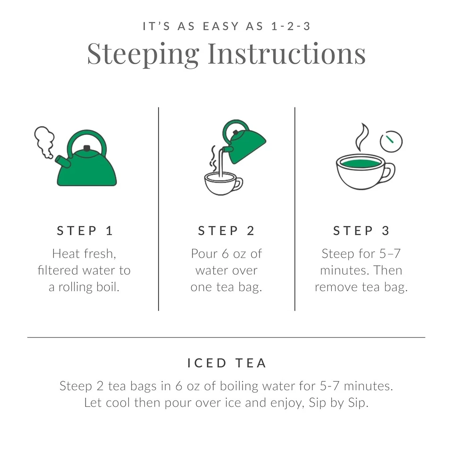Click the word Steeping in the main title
pyautogui.click(x=143, y=53)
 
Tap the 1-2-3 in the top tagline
pyautogui.click(x=291, y=26)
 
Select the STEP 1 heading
pyautogui.click(x=85, y=231)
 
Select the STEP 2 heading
pyautogui.click(x=226, y=231)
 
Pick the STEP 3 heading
pyautogui.click(x=361, y=231)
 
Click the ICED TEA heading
pyautogui.click(x=226, y=363)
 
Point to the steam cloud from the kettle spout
pyautogui.click(x=43, y=141)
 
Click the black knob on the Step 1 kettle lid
pyautogui.click(x=87, y=148)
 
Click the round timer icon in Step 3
pyautogui.click(x=391, y=141)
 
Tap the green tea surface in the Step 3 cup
pyautogui.click(x=361, y=163)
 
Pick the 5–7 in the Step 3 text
pyautogui.click(x=389, y=253)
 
